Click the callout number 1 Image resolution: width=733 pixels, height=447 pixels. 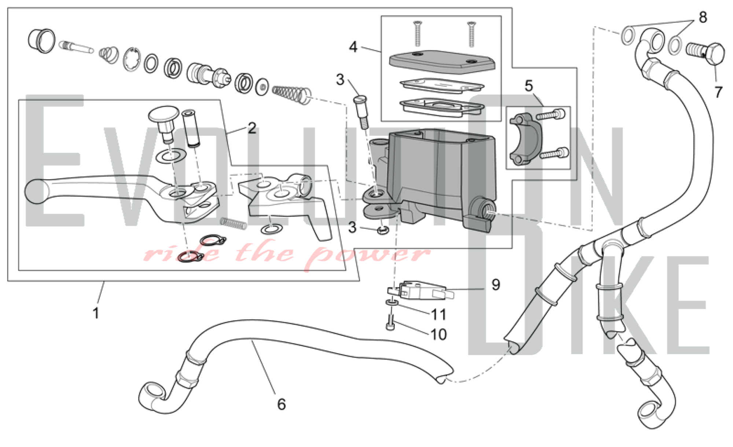(x=96, y=313)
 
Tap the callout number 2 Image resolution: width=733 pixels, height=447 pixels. (x=252, y=128)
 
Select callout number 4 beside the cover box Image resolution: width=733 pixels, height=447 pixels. (x=353, y=47)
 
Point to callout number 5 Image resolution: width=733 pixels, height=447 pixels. (x=528, y=86)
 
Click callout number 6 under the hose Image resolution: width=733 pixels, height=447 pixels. (x=281, y=404)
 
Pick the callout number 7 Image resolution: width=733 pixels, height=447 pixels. (x=718, y=92)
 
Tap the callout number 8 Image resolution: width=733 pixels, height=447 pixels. (x=703, y=17)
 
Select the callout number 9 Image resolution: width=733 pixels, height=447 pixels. (x=496, y=285)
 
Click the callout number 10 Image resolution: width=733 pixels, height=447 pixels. (x=438, y=335)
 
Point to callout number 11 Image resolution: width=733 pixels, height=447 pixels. (x=438, y=314)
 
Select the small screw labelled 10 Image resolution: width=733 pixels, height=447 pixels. (x=391, y=323)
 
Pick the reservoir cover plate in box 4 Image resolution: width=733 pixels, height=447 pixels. (x=442, y=61)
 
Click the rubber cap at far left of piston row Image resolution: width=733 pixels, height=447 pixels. (x=41, y=40)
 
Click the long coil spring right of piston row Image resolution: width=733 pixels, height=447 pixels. (x=292, y=93)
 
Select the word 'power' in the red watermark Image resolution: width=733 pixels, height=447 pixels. (x=366, y=255)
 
